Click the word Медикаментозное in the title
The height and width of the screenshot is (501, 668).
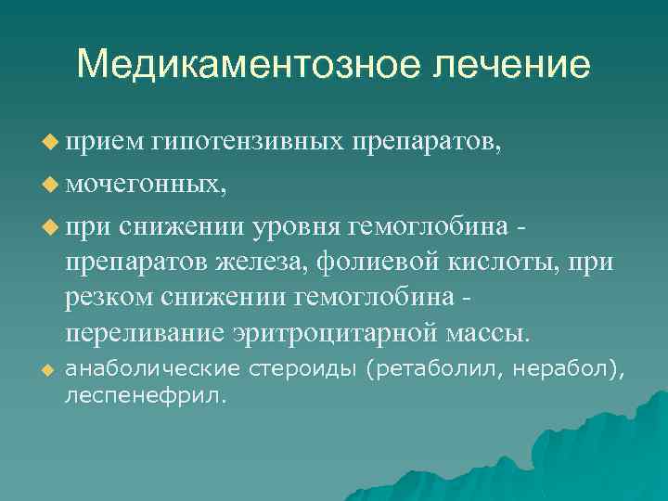[238, 65]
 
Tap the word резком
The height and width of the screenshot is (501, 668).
[109, 297]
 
